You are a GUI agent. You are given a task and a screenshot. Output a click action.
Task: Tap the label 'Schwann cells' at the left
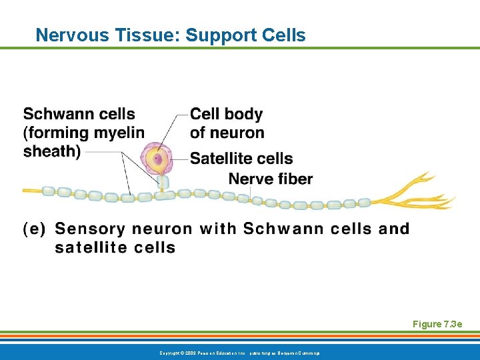tap(79, 114)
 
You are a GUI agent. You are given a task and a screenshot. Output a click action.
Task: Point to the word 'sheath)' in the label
tap(52, 151)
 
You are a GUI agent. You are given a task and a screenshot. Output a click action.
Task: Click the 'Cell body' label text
tap(226, 114)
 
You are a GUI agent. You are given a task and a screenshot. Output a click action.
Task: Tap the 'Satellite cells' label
tap(241, 158)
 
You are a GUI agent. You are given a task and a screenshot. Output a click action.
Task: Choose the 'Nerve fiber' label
tap(270, 178)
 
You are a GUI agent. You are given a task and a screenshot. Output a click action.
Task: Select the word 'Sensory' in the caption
tap(89, 229)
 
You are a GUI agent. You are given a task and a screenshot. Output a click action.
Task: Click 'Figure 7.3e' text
tap(437, 325)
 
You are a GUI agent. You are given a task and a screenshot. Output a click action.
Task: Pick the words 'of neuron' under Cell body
tap(227, 133)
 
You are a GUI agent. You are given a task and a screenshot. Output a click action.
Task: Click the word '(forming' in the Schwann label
tap(56, 133)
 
